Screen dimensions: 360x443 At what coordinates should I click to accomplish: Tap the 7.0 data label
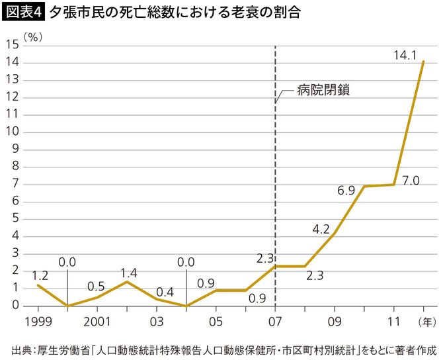coord(411,180)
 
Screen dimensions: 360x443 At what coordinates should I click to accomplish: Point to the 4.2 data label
coord(321,229)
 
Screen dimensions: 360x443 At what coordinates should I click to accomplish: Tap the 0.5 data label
coord(97,287)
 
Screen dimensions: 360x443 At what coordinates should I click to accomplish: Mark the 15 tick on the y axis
coord(12,45)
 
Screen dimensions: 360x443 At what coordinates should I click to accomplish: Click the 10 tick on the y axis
coord(12,132)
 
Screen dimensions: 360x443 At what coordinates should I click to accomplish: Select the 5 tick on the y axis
coord(15,219)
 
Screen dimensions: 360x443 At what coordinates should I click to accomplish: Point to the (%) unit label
coord(32,37)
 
